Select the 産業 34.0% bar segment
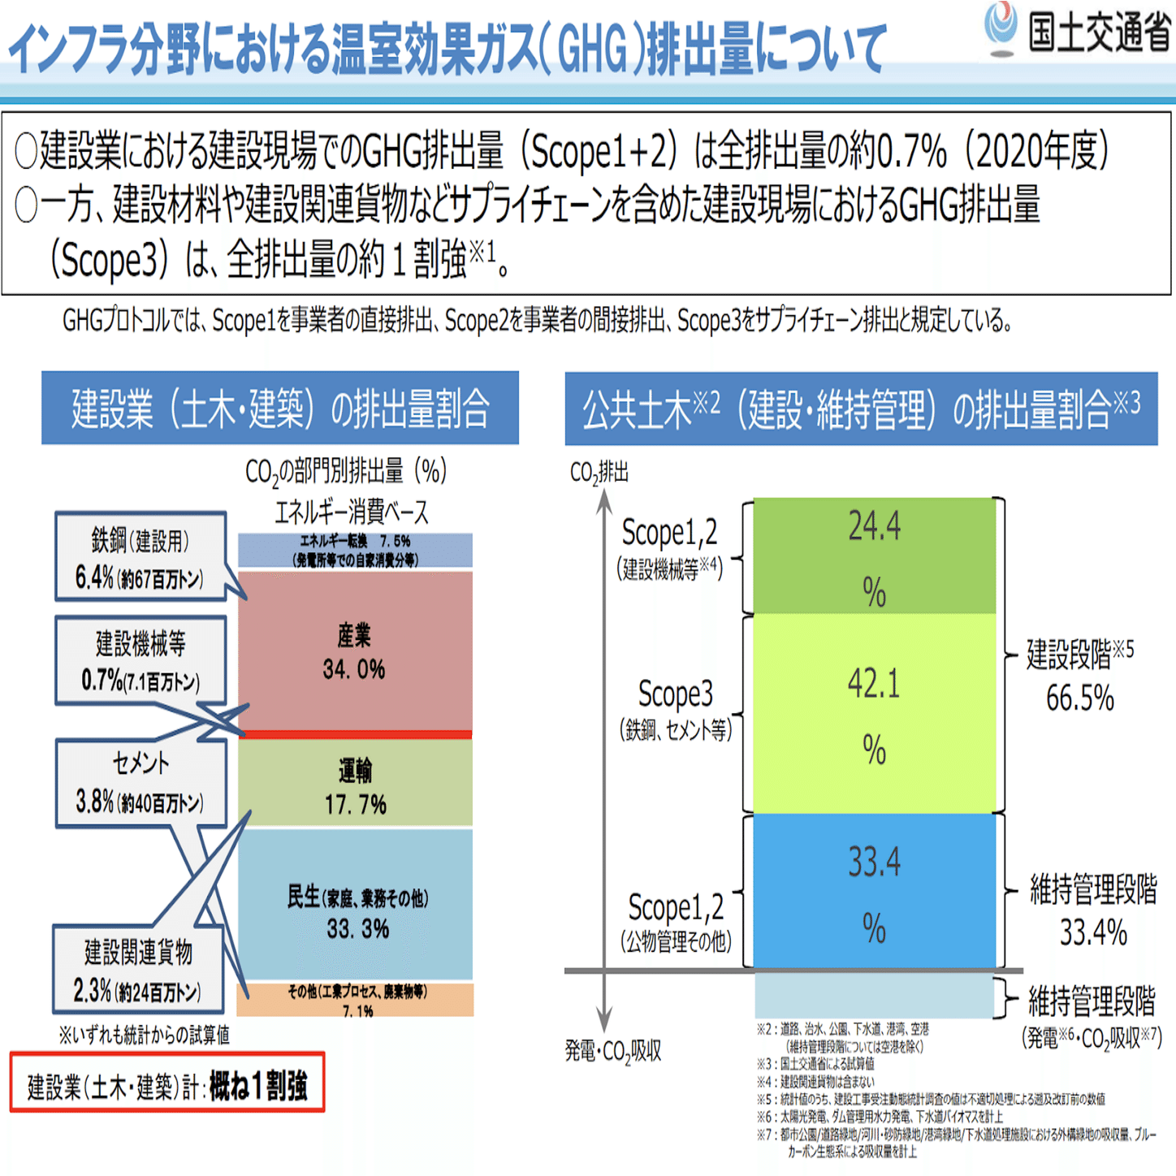pos(355,651)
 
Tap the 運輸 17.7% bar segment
pos(355,785)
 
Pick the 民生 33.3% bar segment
pos(355,906)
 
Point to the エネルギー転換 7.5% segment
pos(355,550)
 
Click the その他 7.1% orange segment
pos(355,999)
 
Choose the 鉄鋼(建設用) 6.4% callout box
pos(140,557)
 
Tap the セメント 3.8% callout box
pos(140,783)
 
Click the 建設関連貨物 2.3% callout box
pos(137,970)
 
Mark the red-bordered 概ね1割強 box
pos(167,1083)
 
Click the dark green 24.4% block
pos(874,556)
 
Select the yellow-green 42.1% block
pos(874,713)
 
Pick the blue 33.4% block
pos(874,891)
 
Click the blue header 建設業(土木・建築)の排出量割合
pos(280,408)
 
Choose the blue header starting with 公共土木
pos(861,408)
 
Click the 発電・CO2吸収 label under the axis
pos(614,1051)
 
